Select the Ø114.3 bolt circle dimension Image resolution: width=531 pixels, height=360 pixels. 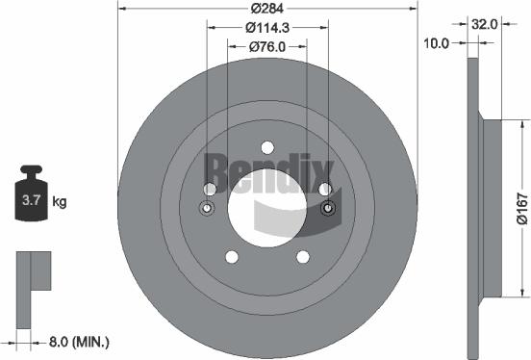click(266, 28)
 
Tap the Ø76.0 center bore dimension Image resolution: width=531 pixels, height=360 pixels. click(266, 46)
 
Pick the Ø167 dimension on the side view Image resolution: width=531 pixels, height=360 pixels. click(520, 204)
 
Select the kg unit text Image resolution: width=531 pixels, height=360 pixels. click(60, 202)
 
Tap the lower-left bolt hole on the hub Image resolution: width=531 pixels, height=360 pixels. click(232, 256)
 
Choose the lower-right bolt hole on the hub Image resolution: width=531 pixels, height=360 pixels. click(302, 256)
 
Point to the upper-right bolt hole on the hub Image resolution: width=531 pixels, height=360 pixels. click(324, 189)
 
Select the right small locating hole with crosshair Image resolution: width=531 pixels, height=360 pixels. click(327, 210)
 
